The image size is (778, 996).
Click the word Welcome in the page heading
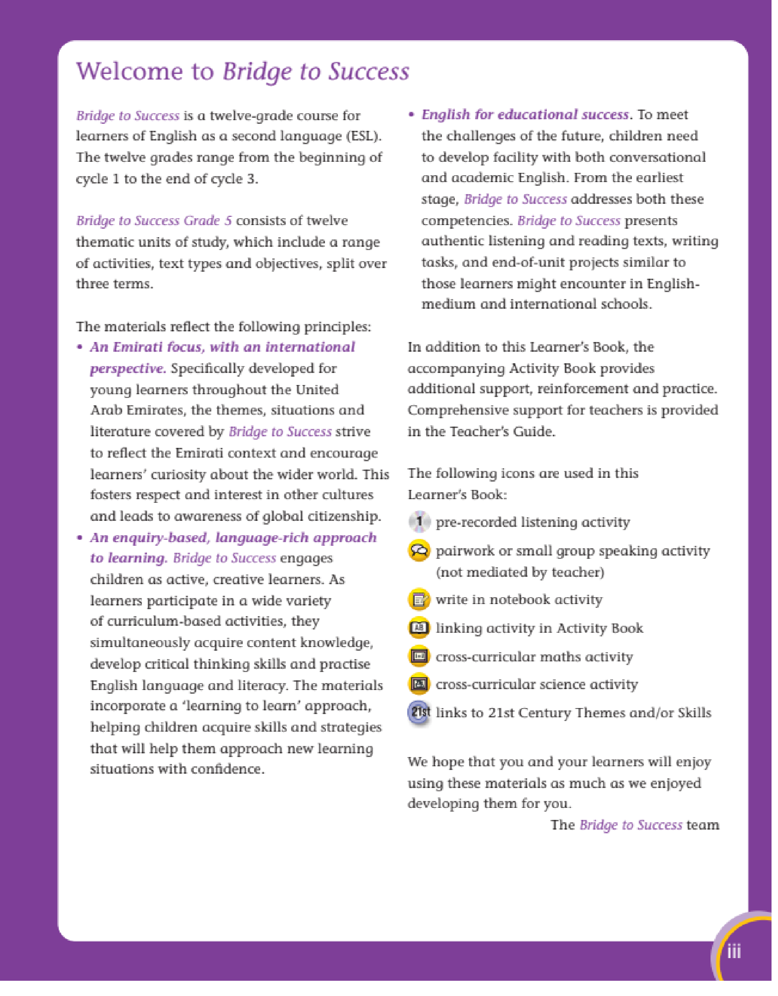click(x=129, y=72)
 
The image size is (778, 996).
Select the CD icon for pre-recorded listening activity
click(x=419, y=522)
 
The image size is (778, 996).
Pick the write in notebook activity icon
click(x=419, y=599)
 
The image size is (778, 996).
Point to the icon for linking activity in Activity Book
click(x=419, y=628)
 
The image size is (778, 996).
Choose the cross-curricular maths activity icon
click(x=419, y=656)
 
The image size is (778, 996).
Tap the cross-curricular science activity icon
click(x=419, y=684)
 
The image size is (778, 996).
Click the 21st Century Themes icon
click(x=419, y=713)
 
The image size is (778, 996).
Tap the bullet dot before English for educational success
click(x=411, y=115)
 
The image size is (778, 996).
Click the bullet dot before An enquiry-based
click(x=80, y=538)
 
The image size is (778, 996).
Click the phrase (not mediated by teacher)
click(x=520, y=573)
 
